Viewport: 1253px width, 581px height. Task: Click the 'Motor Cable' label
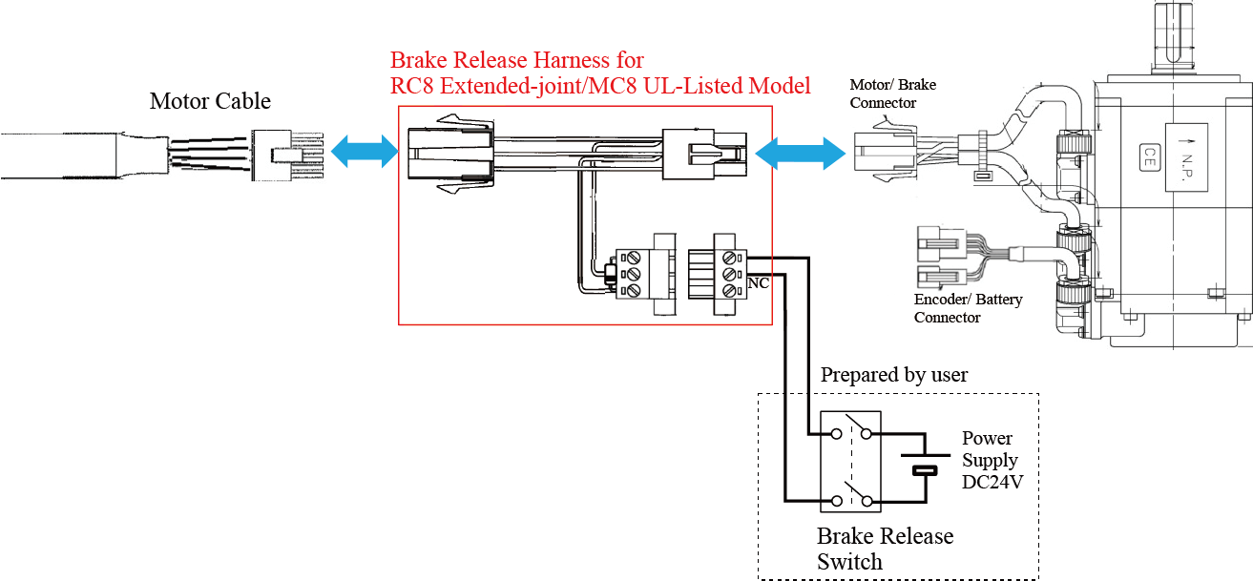[x=210, y=101]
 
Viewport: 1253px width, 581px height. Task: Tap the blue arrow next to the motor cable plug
[x=365, y=152]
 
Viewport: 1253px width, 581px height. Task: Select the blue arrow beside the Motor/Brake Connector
[x=799, y=152]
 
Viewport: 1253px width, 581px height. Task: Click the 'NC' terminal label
[x=759, y=283]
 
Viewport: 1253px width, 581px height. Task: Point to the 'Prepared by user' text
[x=894, y=375]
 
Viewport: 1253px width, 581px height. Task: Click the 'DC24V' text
[x=992, y=482]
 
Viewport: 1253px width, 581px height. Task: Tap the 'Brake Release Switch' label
[x=885, y=549]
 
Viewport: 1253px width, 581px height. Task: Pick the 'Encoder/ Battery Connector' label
[x=968, y=308]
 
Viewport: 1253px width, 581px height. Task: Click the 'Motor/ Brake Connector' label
[x=893, y=93]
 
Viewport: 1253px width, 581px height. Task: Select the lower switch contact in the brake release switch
[x=851, y=497]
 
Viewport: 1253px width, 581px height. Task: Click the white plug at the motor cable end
[x=286, y=154]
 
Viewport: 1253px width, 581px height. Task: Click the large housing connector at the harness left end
[x=449, y=154]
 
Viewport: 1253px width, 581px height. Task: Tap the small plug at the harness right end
[x=704, y=153]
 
